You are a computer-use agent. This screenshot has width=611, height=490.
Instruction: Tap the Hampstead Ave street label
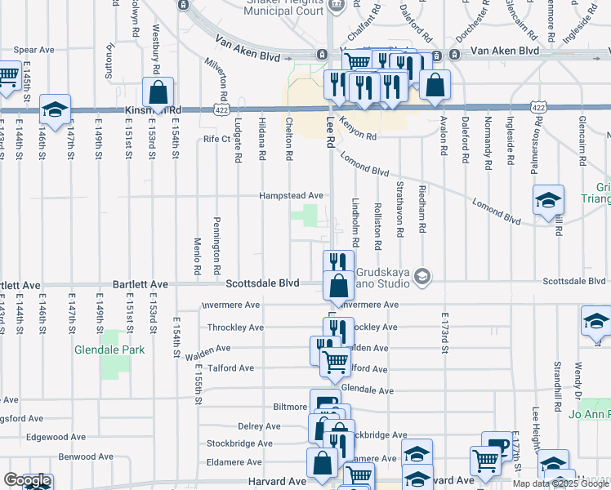point(292,196)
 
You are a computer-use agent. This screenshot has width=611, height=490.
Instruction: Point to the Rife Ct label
point(217,139)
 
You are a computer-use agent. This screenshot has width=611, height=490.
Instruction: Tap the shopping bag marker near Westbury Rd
point(158,93)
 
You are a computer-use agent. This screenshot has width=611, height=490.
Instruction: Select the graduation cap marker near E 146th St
point(55,110)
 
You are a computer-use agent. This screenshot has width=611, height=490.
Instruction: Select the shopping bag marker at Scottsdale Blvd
point(337,287)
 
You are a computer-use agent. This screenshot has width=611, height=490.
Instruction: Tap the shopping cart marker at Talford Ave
point(334,362)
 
